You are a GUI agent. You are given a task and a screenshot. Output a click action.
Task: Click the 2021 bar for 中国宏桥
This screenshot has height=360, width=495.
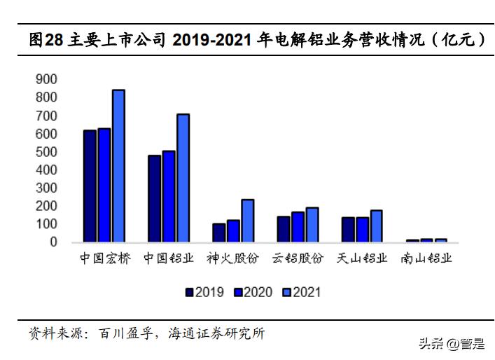pos(118,166)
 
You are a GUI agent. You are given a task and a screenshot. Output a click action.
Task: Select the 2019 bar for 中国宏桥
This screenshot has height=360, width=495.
pos(90,186)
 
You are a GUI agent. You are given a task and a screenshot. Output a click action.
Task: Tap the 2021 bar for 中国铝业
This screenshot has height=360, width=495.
pos(183,178)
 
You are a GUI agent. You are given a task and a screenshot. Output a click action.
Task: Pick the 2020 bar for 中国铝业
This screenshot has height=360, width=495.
pos(169,196)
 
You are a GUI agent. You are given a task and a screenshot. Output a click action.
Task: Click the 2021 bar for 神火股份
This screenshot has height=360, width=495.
pos(247,221)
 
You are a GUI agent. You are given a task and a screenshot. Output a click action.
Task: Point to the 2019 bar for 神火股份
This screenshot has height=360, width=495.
pos(218,233)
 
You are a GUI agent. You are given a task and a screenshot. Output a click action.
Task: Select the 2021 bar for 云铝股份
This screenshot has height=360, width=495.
pos(312,225)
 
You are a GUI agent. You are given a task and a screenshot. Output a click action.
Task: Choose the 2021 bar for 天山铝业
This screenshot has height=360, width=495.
pos(376,226)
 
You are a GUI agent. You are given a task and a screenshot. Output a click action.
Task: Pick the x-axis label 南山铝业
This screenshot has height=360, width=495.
pos(426,258)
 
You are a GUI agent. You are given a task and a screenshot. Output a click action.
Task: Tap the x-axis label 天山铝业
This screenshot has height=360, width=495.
pos(362,258)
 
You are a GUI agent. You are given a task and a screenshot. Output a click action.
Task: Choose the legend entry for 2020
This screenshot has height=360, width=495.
pos(252,292)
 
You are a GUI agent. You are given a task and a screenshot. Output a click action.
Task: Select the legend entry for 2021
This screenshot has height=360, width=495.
pos(300,292)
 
